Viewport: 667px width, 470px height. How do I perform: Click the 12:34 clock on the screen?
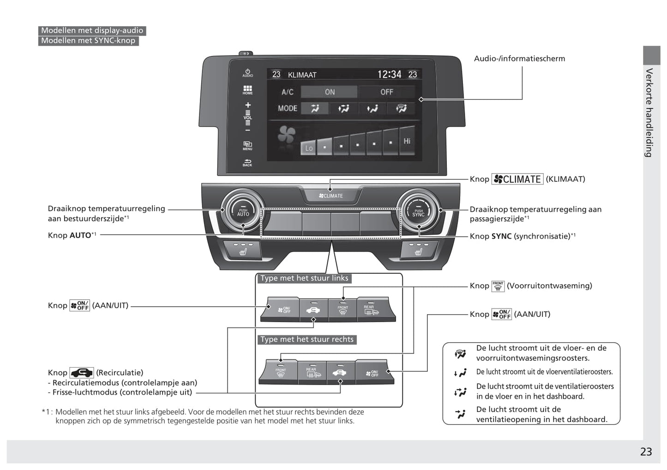(x=389, y=74)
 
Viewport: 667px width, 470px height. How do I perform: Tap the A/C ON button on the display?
(x=329, y=92)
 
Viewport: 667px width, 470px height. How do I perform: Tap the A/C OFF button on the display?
(x=386, y=92)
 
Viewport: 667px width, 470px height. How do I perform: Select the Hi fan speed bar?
(x=407, y=141)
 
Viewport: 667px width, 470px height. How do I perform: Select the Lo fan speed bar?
(x=308, y=148)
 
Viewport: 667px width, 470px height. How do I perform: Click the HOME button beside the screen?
(x=248, y=90)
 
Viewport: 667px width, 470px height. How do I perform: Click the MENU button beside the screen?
(x=248, y=146)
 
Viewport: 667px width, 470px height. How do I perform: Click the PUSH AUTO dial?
(x=243, y=212)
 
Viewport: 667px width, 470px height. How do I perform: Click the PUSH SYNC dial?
(x=418, y=212)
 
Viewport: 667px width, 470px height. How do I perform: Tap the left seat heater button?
(x=243, y=250)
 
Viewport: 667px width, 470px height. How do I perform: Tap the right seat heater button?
(x=418, y=250)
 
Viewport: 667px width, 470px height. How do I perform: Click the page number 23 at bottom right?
(x=646, y=452)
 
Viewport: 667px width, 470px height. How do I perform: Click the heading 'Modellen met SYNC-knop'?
(x=88, y=41)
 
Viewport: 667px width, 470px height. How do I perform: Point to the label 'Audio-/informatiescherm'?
(x=519, y=59)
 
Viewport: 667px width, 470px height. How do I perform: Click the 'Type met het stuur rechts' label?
(x=306, y=339)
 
